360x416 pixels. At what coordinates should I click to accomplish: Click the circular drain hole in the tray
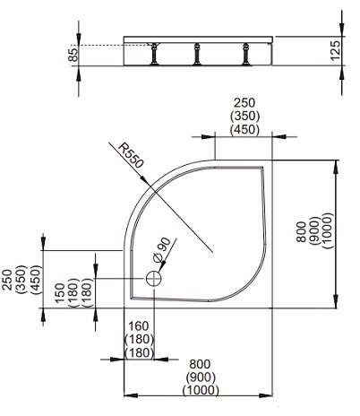pos(154,279)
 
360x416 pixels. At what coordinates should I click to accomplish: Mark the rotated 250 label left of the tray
pos(7,278)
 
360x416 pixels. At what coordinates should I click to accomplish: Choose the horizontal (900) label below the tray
pos(199,377)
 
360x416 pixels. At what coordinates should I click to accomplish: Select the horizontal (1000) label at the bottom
pos(199,390)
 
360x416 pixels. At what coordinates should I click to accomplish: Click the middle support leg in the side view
pos(194,56)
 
